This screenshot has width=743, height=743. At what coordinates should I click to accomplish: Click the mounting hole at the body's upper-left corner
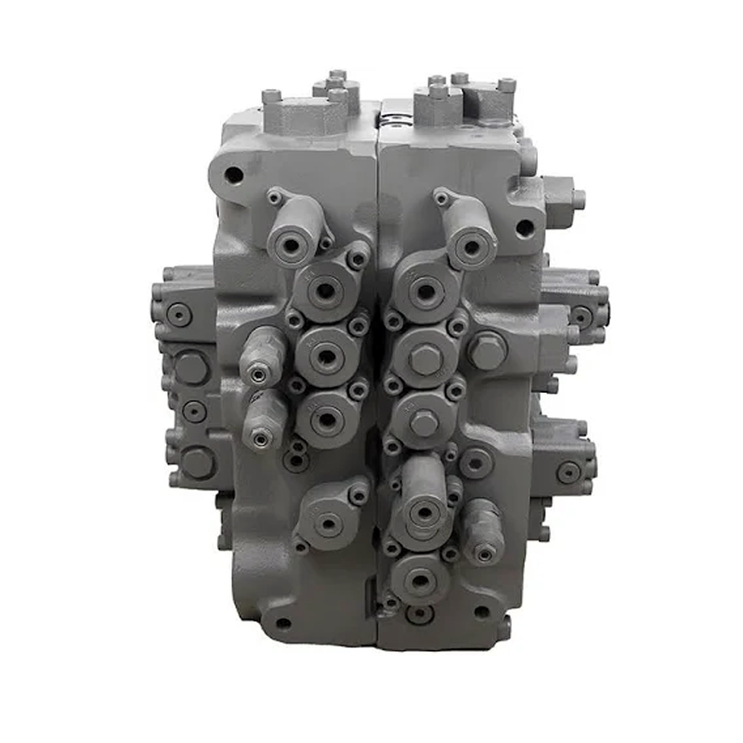point(234,175)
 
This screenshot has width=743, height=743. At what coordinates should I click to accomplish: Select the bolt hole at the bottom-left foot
point(281,623)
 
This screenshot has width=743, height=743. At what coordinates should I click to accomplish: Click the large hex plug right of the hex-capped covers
point(487,351)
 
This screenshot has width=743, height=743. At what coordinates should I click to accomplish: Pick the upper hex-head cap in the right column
point(424,359)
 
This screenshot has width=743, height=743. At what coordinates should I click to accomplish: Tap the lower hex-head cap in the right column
point(424,423)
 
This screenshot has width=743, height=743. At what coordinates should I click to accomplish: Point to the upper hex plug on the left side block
point(191,367)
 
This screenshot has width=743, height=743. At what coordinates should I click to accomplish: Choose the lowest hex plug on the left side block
point(197,462)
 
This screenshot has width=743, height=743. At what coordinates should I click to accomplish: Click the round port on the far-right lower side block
point(568,472)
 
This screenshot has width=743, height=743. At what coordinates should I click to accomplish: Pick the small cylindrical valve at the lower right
point(483,534)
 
